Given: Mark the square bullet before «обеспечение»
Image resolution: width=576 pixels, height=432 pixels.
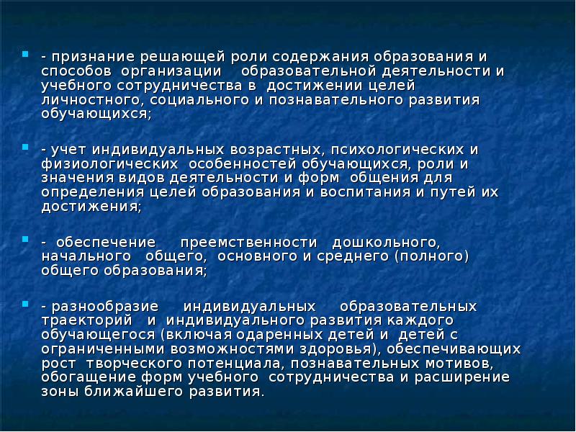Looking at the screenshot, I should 26,238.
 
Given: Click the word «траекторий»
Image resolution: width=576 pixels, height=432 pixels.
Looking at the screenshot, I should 86,320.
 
